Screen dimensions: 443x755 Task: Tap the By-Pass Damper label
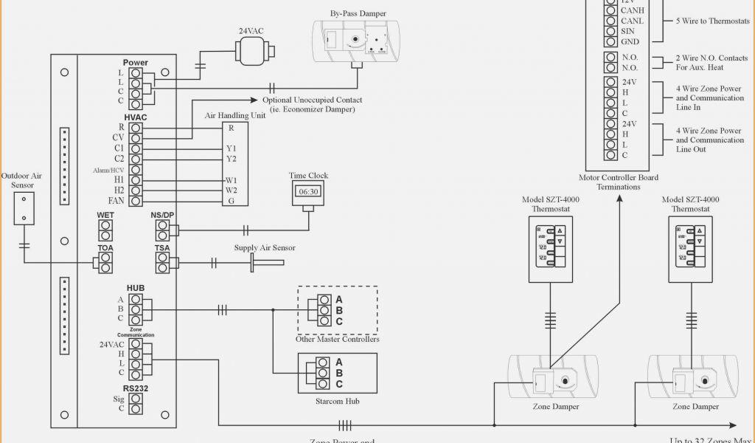[x=358, y=13]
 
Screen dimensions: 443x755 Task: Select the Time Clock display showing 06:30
[x=309, y=192]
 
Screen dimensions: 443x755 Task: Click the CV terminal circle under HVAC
[x=136, y=138]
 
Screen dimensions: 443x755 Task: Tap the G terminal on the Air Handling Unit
[x=231, y=201]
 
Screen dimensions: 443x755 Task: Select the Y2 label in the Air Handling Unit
[x=232, y=159]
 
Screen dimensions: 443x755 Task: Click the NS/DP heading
[x=162, y=216]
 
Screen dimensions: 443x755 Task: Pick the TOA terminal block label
[x=105, y=248]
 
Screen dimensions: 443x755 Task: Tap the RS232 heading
[x=135, y=388]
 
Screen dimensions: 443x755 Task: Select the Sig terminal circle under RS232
[x=136, y=398]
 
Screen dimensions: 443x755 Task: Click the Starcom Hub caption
[x=338, y=400]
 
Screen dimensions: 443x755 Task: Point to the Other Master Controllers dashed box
[x=338, y=310]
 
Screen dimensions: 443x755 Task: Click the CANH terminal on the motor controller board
[x=610, y=11]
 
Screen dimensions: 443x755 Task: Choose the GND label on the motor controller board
[x=630, y=42]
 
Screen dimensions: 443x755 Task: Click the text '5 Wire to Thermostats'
[x=713, y=21]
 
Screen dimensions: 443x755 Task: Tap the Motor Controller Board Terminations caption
[x=619, y=182]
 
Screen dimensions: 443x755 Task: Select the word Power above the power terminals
[x=135, y=63]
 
